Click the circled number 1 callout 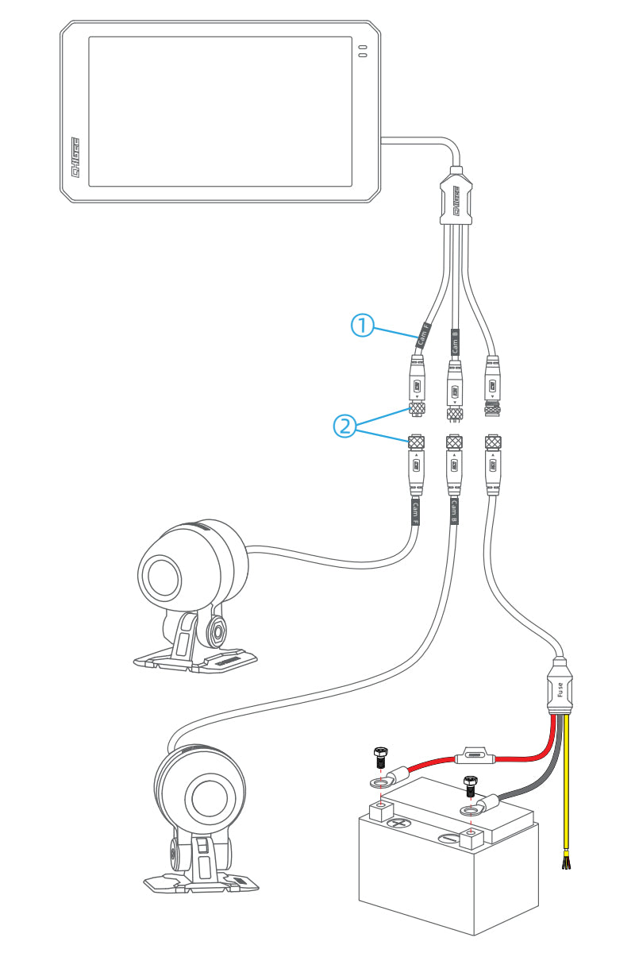tap(362, 325)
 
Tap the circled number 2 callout tap(344, 426)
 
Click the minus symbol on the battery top tap(448, 839)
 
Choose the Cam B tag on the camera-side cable tap(453, 510)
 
